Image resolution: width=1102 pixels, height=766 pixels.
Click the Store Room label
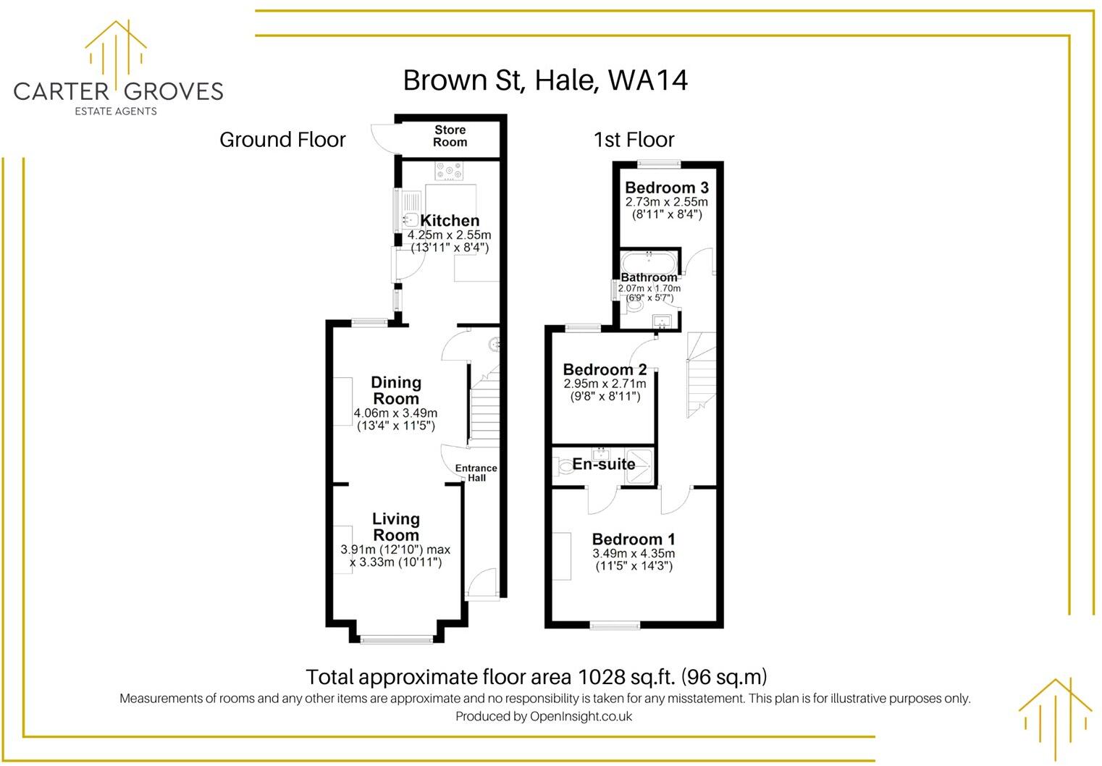pyautogui.click(x=450, y=136)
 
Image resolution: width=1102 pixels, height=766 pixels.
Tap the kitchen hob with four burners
pyautogui.click(x=449, y=172)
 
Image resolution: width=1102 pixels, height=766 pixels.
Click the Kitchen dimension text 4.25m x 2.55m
pyautogui.click(x=449, y=235)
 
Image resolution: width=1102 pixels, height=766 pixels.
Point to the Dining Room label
pyautogui.click(x=395, y=390)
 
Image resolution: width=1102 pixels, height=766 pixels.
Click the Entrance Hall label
pyautogui.click(x=476, y=473)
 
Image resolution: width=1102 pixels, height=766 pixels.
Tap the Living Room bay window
pyautogui.click(x=396, y=639)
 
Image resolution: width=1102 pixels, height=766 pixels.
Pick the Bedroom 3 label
pyautogui.click(x=666, y=188)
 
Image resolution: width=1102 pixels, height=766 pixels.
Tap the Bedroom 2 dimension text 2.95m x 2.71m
pyautogui.click(x=605, y=383)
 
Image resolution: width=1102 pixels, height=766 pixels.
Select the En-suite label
pyautogui.click(x=604, y=464)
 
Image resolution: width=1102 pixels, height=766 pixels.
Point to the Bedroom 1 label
pyautogui.click(x=634, y=539)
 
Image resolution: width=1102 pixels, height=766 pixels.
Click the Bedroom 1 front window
pyautogui.click(x=615, y=625)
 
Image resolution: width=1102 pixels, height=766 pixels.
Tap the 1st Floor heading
pyautogui.click(x=634, y=140)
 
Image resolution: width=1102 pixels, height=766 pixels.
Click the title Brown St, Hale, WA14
pyautogui.click(x=544, y=80)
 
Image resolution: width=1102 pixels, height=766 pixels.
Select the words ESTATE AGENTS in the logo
pyautogui.click(x=116, y=111)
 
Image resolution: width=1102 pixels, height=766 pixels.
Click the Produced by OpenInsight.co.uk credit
pyautogui.click(x=544, y=717)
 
